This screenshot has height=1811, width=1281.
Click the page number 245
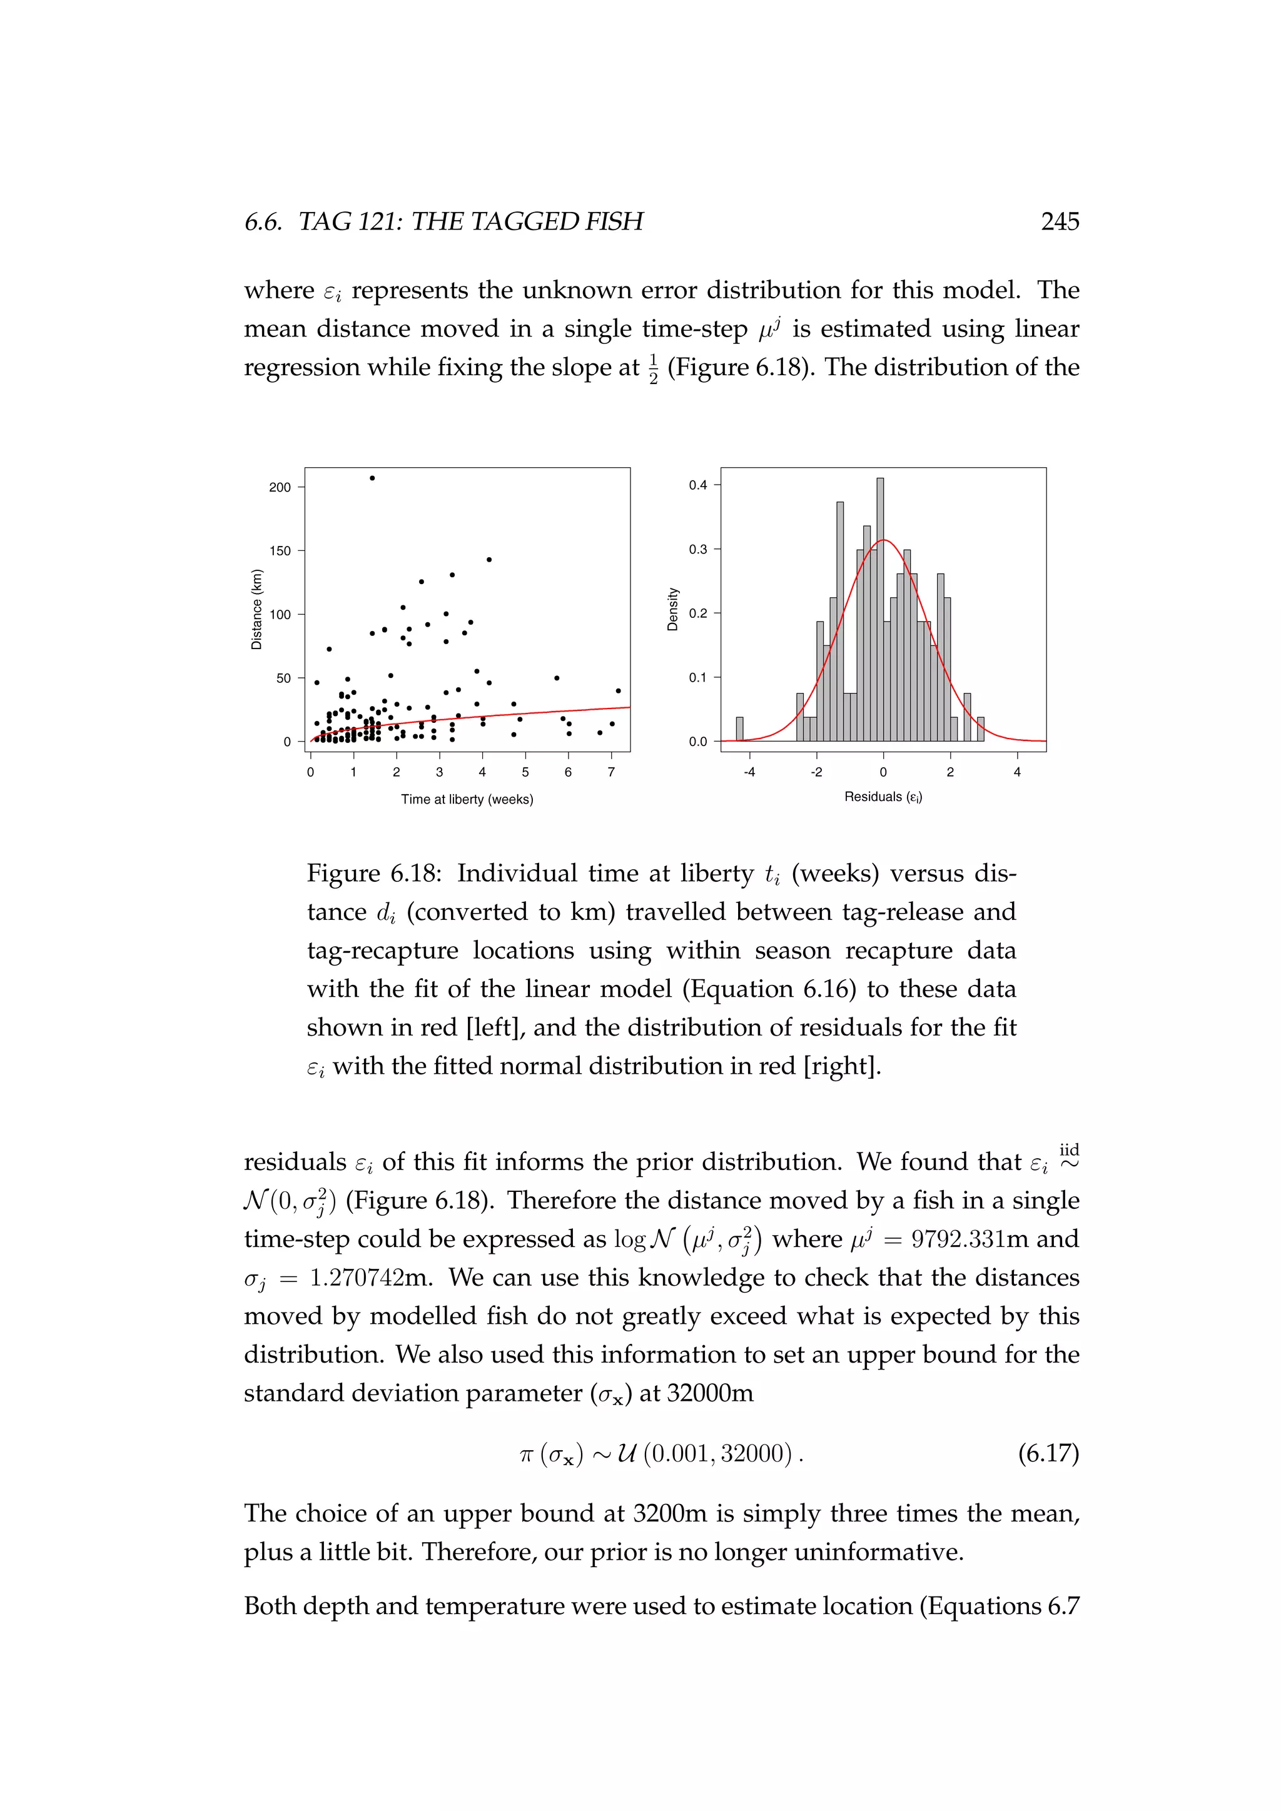coord(1060,221)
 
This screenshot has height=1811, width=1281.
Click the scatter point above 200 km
coord(372,478)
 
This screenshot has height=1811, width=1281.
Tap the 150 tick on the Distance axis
coord(280,550)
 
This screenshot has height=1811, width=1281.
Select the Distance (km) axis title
coord(256,609)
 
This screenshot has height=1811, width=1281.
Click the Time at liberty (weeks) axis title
coord(467,799)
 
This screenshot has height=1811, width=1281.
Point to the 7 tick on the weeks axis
coord(611,772)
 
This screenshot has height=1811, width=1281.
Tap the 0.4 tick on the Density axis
coord(698,485)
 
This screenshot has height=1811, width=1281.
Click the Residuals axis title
coord(883,797)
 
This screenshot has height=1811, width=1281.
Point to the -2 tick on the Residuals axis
coord(816,772)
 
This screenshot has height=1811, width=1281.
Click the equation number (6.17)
coord(1048,1453)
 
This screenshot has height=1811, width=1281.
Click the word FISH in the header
coord(613,221)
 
